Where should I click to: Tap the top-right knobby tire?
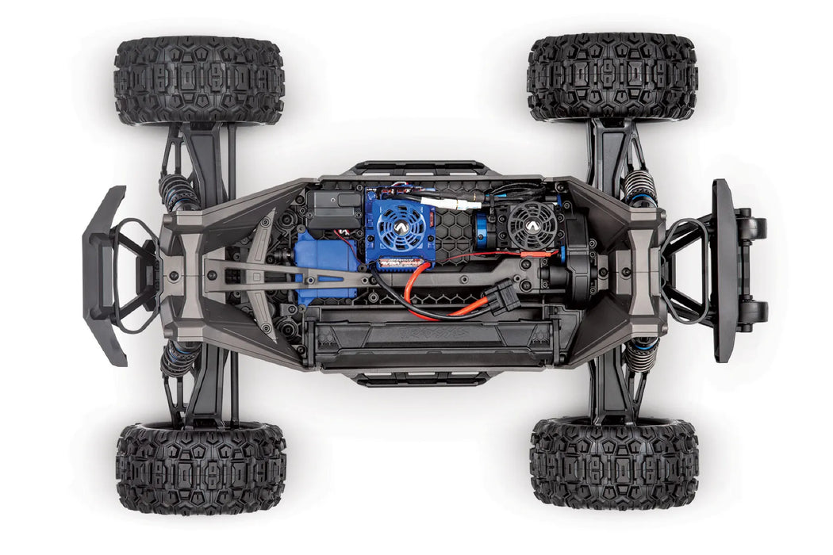(612, 77)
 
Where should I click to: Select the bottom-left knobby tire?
(201, 467)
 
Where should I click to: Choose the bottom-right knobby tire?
(613, 463)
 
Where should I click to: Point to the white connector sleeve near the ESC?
(451, 213)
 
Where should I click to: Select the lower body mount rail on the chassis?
(420, 379)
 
